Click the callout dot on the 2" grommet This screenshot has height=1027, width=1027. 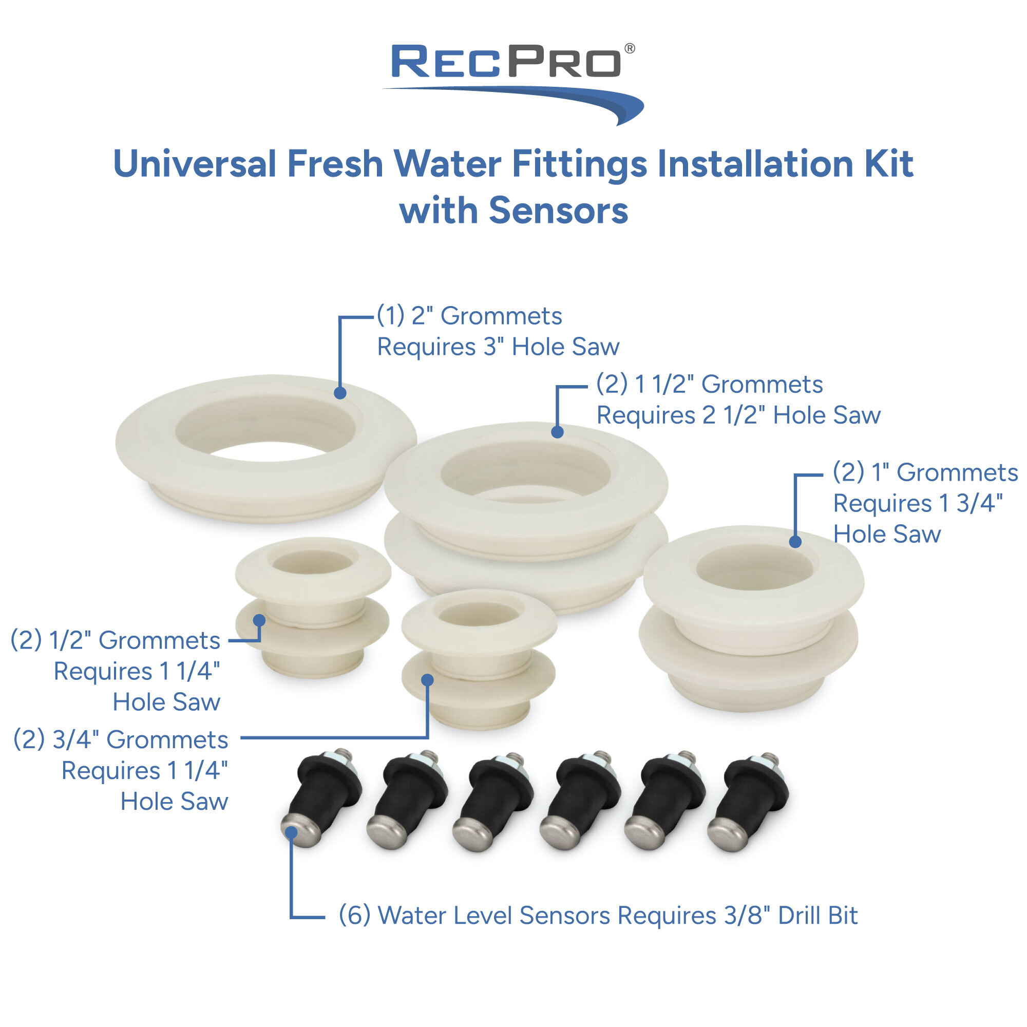(340, 393)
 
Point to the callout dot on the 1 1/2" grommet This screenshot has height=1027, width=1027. (557, 432)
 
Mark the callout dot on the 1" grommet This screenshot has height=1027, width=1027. (795, 542)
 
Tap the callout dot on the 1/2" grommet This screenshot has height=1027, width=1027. (259, 620)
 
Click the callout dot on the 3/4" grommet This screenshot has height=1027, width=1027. (427, 680)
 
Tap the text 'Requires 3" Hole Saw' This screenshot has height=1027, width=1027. (498, 347)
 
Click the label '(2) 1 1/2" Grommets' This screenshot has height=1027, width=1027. (709, 384)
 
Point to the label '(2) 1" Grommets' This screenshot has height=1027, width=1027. (925, 472)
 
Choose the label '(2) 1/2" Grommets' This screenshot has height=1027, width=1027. (116, 640)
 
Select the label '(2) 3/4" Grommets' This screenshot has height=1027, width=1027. (121, 739)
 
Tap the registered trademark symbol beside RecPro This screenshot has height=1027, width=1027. (630, 49)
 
